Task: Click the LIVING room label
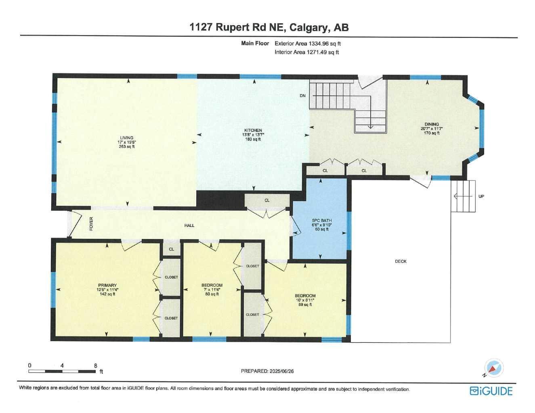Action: pos(126,138)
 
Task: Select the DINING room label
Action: pos(432,124)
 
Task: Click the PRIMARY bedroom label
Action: pos(107,285)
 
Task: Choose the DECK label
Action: pos(401,261)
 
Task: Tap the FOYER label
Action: pos(91,224)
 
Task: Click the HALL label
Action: pos(189,225)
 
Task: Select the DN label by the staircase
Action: pos(302,95)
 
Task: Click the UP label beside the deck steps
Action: pos(481,196)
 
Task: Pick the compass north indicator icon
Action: pos(493,368)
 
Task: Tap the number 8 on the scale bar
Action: pos(96,365)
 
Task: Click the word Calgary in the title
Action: pos(309,27)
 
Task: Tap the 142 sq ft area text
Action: pos(107,294)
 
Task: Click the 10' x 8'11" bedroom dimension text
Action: pos(305,300)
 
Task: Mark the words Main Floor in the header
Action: pos(255,43)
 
